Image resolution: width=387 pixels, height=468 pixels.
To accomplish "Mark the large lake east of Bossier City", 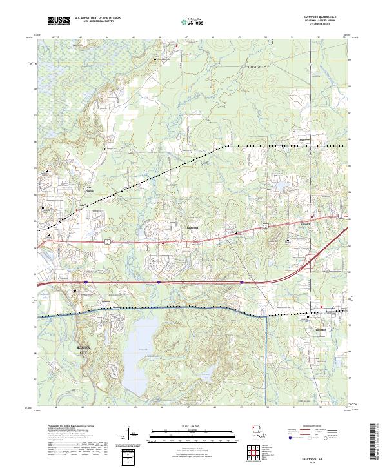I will pos(143,352).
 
